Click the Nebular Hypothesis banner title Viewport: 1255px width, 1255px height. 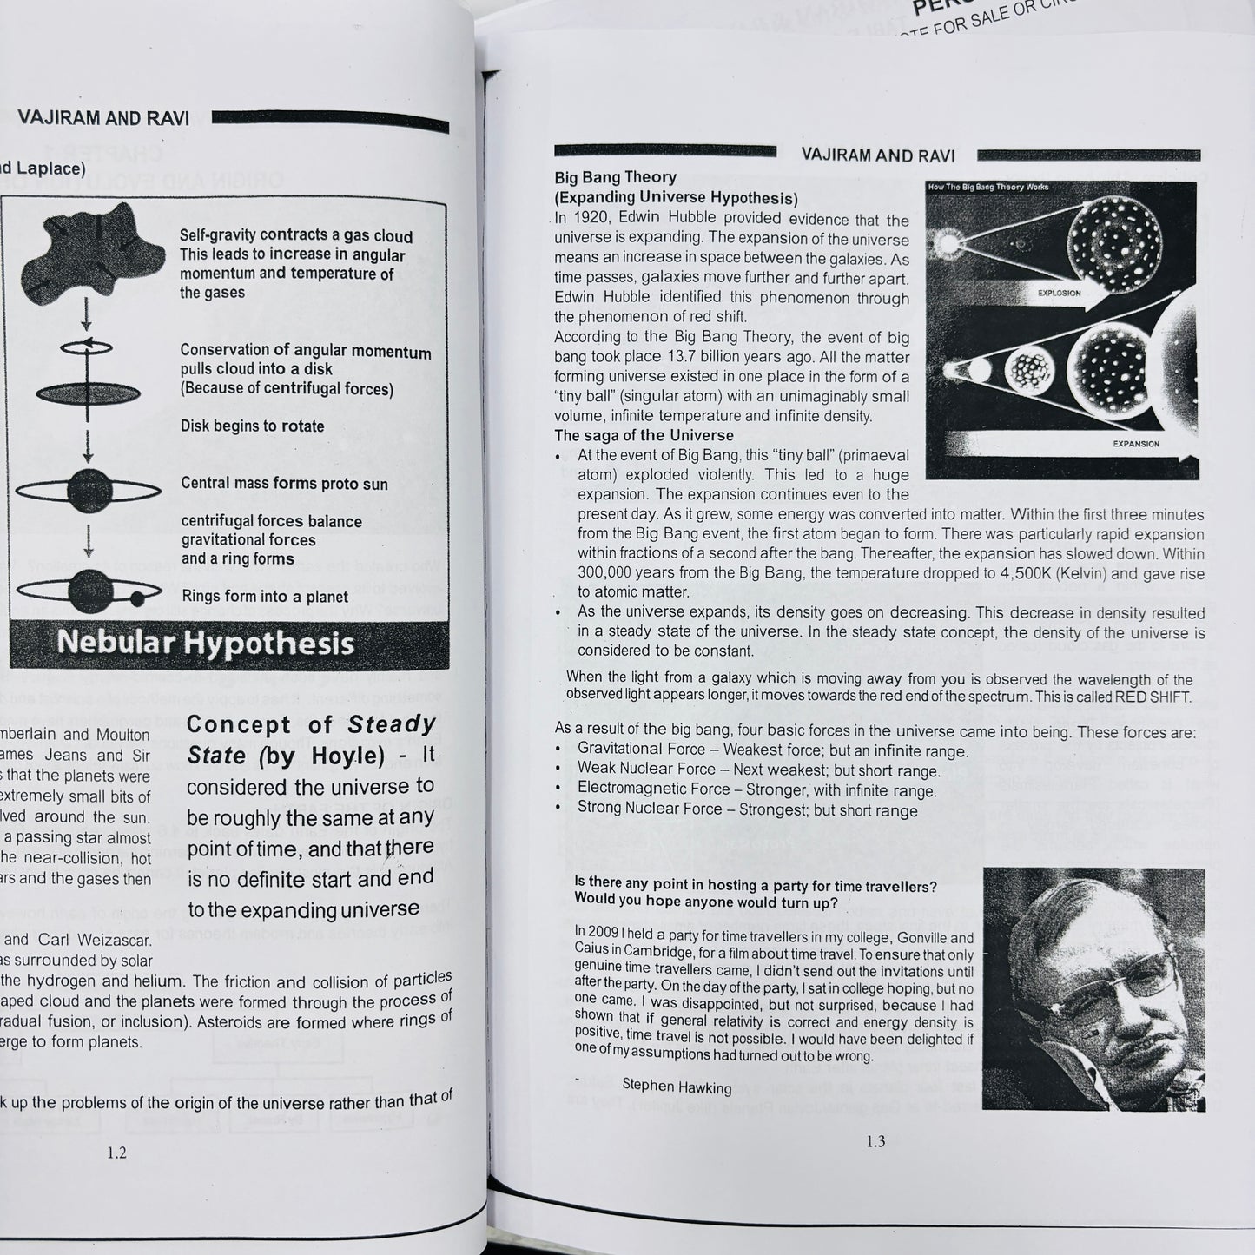pyautogui.click(x=206, y=644)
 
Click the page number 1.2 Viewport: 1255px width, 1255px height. pyautogui.click(x=116, y=1153)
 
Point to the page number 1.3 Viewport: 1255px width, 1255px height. pyautogui.click(x=875, y=1141)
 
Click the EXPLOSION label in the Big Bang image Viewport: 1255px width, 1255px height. pyautogui.click(x=1059, y=293)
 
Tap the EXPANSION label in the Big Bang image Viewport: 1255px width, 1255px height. pyautogui.click(x=1135, y=444)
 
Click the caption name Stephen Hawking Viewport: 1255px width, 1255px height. pyautogui.click(x=677, y=1087)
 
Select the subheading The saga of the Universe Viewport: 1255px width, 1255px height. pyautogui.click(x=644, y=435)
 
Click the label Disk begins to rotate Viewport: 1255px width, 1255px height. pyautogui.click(x=252, y=426)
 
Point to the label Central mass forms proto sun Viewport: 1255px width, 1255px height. pyautogui.click(x=284, y=484)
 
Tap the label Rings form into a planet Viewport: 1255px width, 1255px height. pyautogui.click(x=265, y=597)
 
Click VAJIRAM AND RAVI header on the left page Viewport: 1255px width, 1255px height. pyautogui.click(x=103, y=118)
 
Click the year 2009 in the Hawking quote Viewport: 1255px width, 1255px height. pyautogui.click(x=607, y=931)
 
